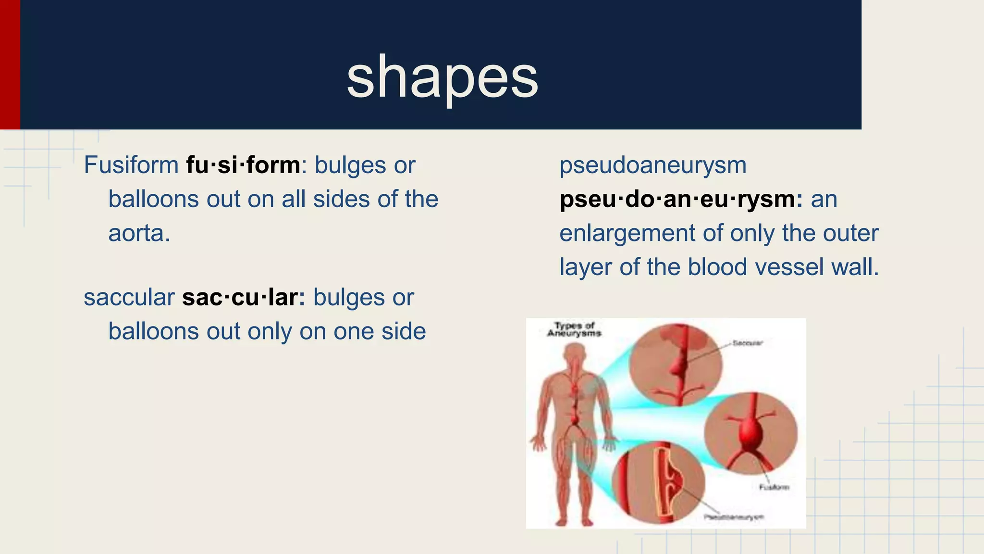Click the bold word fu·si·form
(x=243, y=165)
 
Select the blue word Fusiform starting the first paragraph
(x=131, y=165)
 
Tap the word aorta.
(x=139, y=234)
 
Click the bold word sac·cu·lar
(x=243, y=298)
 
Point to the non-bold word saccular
(x=129, y=298)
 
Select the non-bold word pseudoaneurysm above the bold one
(x=652, y=165)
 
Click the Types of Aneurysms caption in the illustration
(x=575, y=329)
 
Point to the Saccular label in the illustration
(x=747, y=343)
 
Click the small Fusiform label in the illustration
(x=774, y=487)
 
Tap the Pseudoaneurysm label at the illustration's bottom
(x=734, y=517)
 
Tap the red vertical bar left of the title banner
(x=10, y=64)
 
